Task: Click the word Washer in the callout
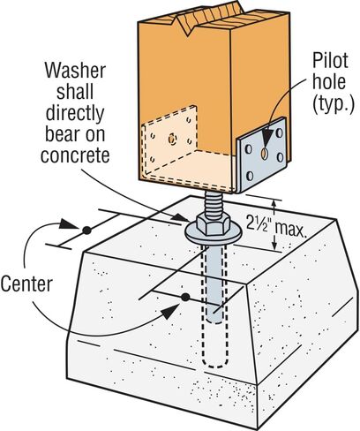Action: coord(75,71)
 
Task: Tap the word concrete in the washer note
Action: coord(75,155)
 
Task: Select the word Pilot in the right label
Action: coord(330,61)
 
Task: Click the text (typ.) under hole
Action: coord(334,103)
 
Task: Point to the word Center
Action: coord(26,284)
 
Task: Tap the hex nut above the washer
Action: coord(214,224)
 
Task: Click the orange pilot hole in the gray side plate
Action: coord(265,153)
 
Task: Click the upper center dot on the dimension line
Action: coord(86,231)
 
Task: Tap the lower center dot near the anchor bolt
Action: coord(185,298)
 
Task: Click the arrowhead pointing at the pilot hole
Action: coord(266,137)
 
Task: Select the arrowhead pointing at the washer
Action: coord(180,217)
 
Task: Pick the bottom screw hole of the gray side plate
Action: coord(250,176)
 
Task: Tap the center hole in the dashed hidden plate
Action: coord(172,139)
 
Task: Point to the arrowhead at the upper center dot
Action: coord(69,224)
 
